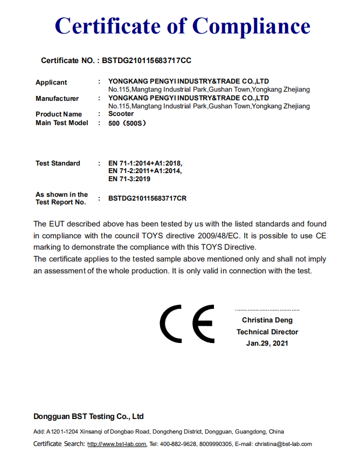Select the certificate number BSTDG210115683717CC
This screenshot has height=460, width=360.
coord(146,60)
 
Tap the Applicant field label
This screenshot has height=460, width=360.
coord(51,83)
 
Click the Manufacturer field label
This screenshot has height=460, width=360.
coord(57,99)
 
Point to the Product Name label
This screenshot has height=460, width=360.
coord(59,114)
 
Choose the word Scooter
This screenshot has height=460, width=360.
coord(121,114)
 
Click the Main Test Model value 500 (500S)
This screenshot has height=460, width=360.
coord(127,123)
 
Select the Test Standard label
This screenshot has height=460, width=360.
coord(58,163)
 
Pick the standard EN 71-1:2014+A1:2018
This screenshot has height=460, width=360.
coord(146,163)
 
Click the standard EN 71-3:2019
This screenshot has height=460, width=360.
coord(129,179)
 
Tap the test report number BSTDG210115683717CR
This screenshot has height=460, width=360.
coord(147,198)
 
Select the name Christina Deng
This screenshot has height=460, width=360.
coord(267,320)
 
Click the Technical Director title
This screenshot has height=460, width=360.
coord(267,332)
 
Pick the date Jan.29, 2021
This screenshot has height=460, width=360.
coord(267,343)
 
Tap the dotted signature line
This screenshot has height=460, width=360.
coord(267,311)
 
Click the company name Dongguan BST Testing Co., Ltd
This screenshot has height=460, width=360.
coord(88,416)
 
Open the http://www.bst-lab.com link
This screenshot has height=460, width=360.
coord(116,444)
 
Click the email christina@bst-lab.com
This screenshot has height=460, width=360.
coord(283,444)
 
